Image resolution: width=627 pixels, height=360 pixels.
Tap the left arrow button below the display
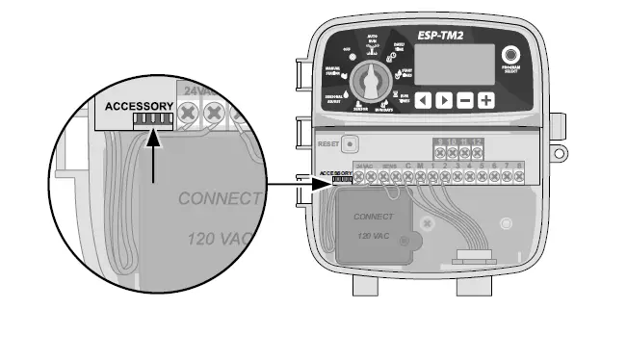point(423,99)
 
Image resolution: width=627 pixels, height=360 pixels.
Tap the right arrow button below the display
point(443,99)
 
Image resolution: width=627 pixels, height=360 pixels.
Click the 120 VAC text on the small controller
point(373,234)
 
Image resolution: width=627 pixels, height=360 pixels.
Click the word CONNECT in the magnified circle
point(220,199)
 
